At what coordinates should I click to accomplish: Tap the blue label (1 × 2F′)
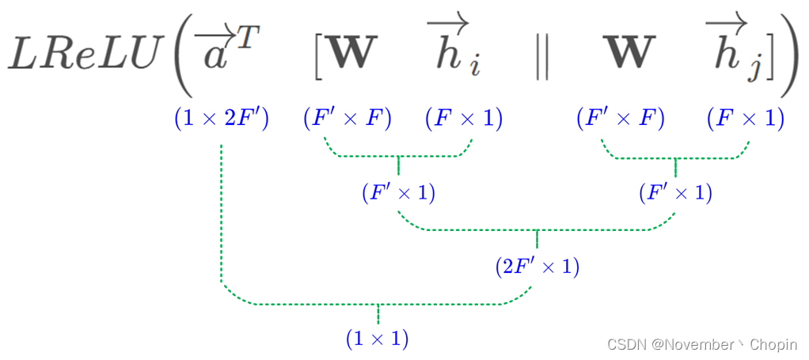pos(222,119)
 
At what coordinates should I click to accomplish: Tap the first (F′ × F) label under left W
pos(348,119)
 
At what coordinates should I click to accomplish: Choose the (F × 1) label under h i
pos(464,119)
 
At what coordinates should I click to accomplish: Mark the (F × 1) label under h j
pos(745,119)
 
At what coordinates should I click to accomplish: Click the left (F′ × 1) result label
pos(398,193)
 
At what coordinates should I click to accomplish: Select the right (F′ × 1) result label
pos(675,193)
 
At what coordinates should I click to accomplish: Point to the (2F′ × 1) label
pos(537,267)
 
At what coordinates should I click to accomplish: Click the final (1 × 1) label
pos(378,339)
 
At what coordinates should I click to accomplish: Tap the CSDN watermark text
pos(702,344)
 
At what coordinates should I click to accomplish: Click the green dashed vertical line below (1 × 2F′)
pos(221,214)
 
